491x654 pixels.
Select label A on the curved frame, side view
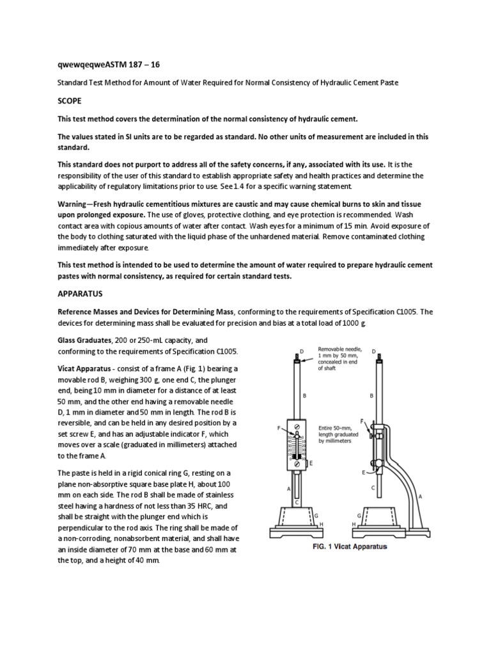coord(419,496)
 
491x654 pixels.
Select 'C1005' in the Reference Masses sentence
coord(410,312)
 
